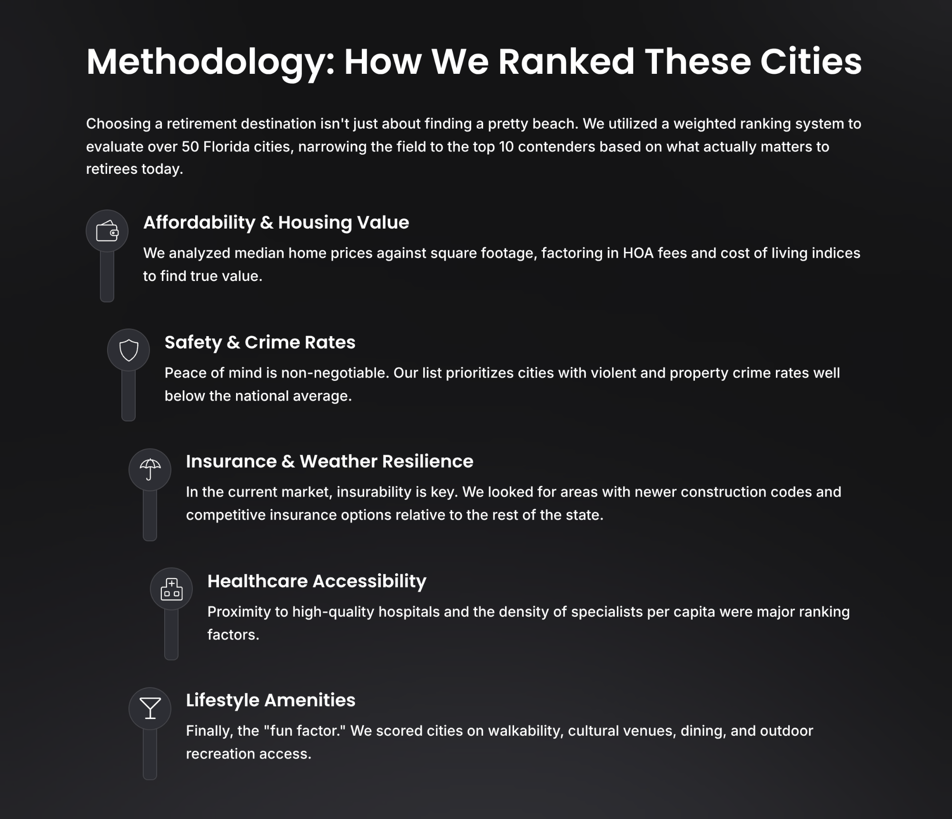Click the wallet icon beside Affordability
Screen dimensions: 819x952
107,231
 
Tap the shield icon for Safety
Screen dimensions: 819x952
129,350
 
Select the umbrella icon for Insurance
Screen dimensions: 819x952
150,469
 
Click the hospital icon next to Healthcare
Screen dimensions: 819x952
171,589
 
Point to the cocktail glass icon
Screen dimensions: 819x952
150,708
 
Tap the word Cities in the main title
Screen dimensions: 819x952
811,62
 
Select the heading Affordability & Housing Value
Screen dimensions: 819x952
276,222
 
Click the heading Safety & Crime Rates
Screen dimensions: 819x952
260,342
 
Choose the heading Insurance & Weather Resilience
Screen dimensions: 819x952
329,461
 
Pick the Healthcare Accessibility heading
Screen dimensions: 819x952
317,581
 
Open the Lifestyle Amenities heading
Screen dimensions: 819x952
270,700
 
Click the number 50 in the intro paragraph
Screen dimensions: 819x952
190,147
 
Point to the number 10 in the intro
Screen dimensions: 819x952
506,147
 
